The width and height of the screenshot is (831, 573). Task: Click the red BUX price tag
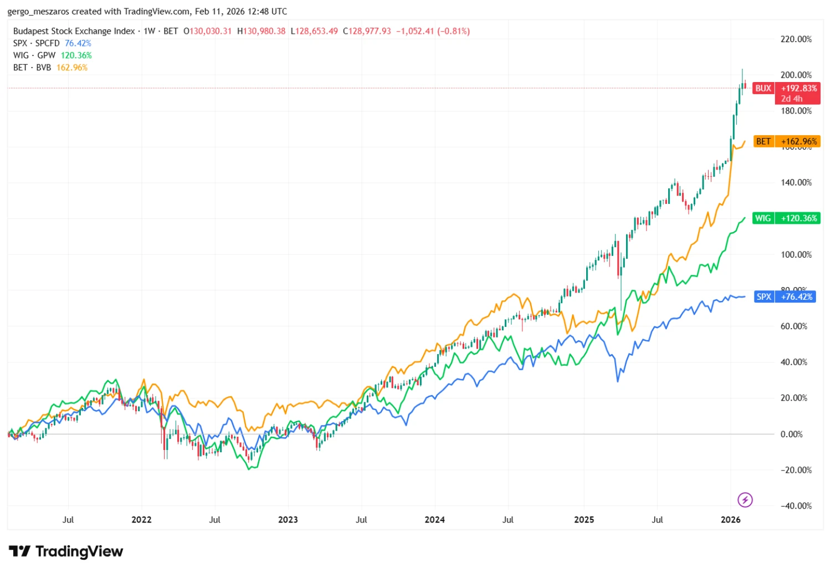[786, 93]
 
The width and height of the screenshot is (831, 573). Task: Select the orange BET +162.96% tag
[786, 141]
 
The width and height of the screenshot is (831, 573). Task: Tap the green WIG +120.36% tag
[786, 218]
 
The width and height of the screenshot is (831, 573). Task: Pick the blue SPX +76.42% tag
[786, 296]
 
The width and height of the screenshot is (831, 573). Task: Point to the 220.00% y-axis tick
[796, 39]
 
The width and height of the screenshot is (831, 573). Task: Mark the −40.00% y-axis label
[796, 505]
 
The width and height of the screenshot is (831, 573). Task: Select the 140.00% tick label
[796, 182]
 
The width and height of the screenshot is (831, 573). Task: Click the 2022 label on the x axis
[141, 520]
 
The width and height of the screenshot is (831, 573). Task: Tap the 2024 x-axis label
[434, 520]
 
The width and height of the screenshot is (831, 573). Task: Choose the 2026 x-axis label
[731, 520]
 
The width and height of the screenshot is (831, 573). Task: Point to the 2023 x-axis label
[288, 520]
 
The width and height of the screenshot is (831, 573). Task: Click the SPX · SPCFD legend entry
[36, 43]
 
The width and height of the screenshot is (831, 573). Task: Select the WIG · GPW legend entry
[34, 55]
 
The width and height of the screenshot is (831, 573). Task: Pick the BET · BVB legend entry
[32, 68]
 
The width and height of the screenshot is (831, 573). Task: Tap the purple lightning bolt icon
[745, 500]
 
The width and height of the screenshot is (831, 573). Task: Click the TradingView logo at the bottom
[66, 551]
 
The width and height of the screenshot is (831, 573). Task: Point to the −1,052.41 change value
[415, 31]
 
